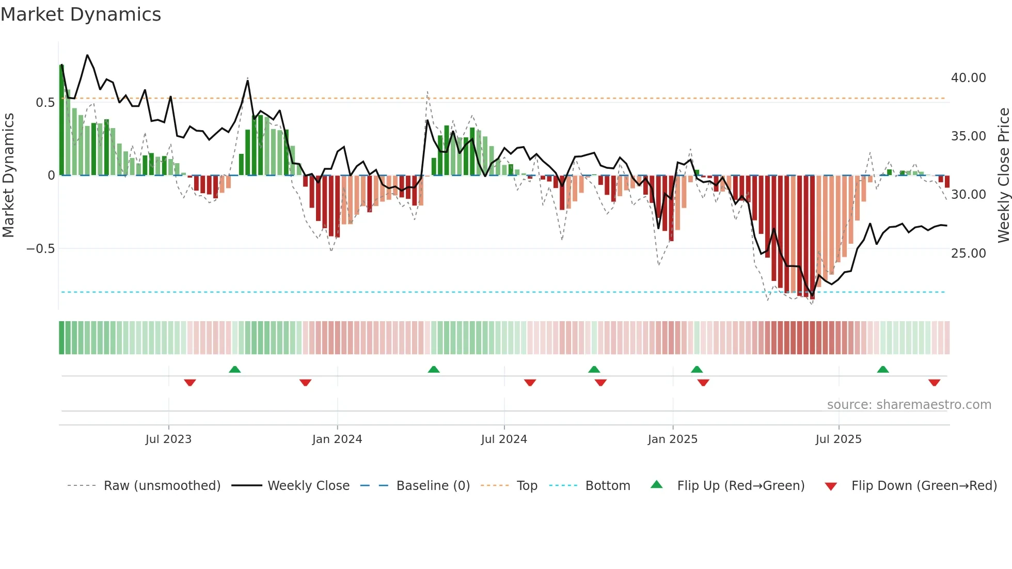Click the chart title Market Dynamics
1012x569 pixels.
[x=81, y=14]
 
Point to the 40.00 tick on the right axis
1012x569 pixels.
[x=968, y=78]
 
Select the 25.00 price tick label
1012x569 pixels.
[x=968, y=254]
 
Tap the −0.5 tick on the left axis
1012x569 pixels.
[x=40, y=249]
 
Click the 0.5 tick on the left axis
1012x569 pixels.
[x=45, y=103]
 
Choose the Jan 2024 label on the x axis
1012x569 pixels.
[x=337, y=439]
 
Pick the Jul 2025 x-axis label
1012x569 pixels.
[x=839, y=439]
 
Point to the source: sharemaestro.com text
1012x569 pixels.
[x=909, y=405]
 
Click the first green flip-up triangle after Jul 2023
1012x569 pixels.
[x=235, y=369]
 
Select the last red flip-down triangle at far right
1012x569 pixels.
[x=934, y=383]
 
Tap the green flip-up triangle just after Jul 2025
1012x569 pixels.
[x=883, y=369]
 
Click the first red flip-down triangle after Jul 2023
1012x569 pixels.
[x=190, y=383]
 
